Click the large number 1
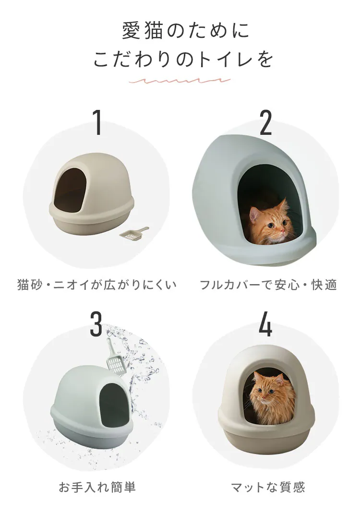pyautogui.click(x=97, y=122)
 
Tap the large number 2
pyautogui.click(x=265, y=122)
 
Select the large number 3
pyautogui.click(x=96, y=324)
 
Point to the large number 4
pyautogui.click(x=265, y=324)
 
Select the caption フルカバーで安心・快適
pyautogui.click(x=268, y=285)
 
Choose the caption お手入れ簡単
pyautogui.click(x=97, y=488)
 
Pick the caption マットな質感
pyautogui.click(x=268, y=488)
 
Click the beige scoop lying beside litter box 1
pyautogui.click(x=134, y=234)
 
